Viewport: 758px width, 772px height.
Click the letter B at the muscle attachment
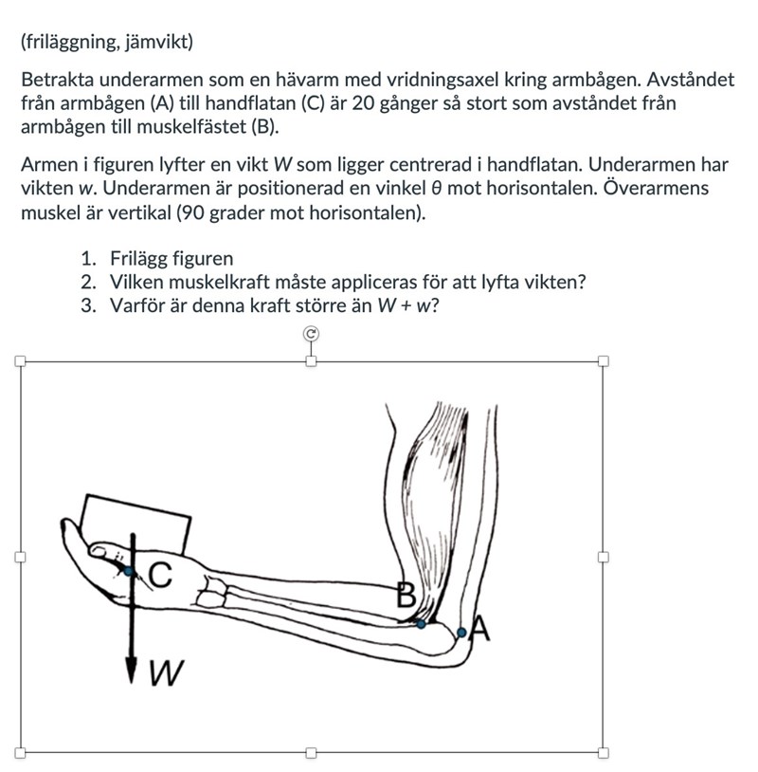click(406, 596)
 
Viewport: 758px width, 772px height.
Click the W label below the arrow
click(165, 674)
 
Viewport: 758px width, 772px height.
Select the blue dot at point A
click(461, 632)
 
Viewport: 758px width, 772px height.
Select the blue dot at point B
click(421, 623)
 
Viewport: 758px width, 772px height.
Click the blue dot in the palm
click(129, 570)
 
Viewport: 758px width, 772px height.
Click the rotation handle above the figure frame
click(311, 333)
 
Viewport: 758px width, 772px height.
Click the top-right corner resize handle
click(603, 360)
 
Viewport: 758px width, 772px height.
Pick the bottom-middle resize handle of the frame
click(311, 752)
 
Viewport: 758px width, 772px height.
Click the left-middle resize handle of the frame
click(20, 557)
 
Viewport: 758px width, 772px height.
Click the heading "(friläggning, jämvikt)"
click(106, 43)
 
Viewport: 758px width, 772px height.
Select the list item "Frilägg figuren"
click(171, 259)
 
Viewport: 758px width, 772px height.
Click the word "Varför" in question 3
click(137, 306)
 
